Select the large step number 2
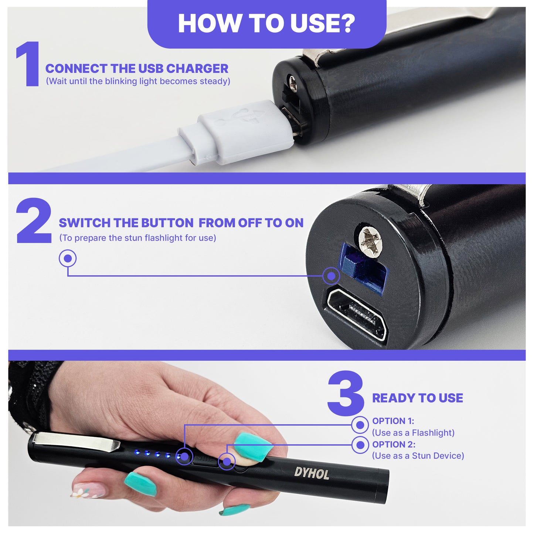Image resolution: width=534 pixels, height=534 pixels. pyautogui.click(x=34, y=221)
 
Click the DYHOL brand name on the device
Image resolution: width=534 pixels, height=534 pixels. pyautogui.click(x=312, y=473)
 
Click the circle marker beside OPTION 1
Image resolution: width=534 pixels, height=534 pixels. pyautogui.click(x=360, y=425)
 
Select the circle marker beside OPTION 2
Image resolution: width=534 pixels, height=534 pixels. pyautogui.click(x=360, y=445)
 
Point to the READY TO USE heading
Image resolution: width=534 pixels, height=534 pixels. pyautogui.click(x=417, y=398)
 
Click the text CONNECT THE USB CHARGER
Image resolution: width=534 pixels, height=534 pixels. pyautogui.click(x=137, y=68)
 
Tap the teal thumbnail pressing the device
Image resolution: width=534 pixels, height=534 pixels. pyautogui.click(x=253, y=446)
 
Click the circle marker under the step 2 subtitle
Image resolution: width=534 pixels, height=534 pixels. pyautogui.click(x=68, y=258)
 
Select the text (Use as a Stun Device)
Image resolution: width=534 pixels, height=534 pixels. pyautogui.click(x=418, y=456)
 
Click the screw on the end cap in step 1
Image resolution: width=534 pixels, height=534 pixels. pyautogui.click(x=293, y=84)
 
